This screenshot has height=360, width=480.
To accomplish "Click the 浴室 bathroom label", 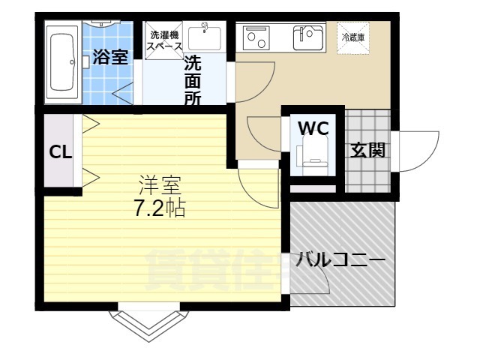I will tap(110, 58).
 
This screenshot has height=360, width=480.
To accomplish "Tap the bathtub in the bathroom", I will tap(62, 62).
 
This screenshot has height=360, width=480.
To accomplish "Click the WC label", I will tap(313, 127).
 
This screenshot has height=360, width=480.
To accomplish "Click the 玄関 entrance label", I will tap(367, 150).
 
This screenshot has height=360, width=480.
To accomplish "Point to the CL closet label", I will tap(60, 151).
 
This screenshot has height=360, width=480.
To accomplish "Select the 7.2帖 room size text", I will tap(160, 208).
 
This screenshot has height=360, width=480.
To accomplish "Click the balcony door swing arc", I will tap(315, 280).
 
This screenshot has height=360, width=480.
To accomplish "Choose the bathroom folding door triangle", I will tap(121, 93).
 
